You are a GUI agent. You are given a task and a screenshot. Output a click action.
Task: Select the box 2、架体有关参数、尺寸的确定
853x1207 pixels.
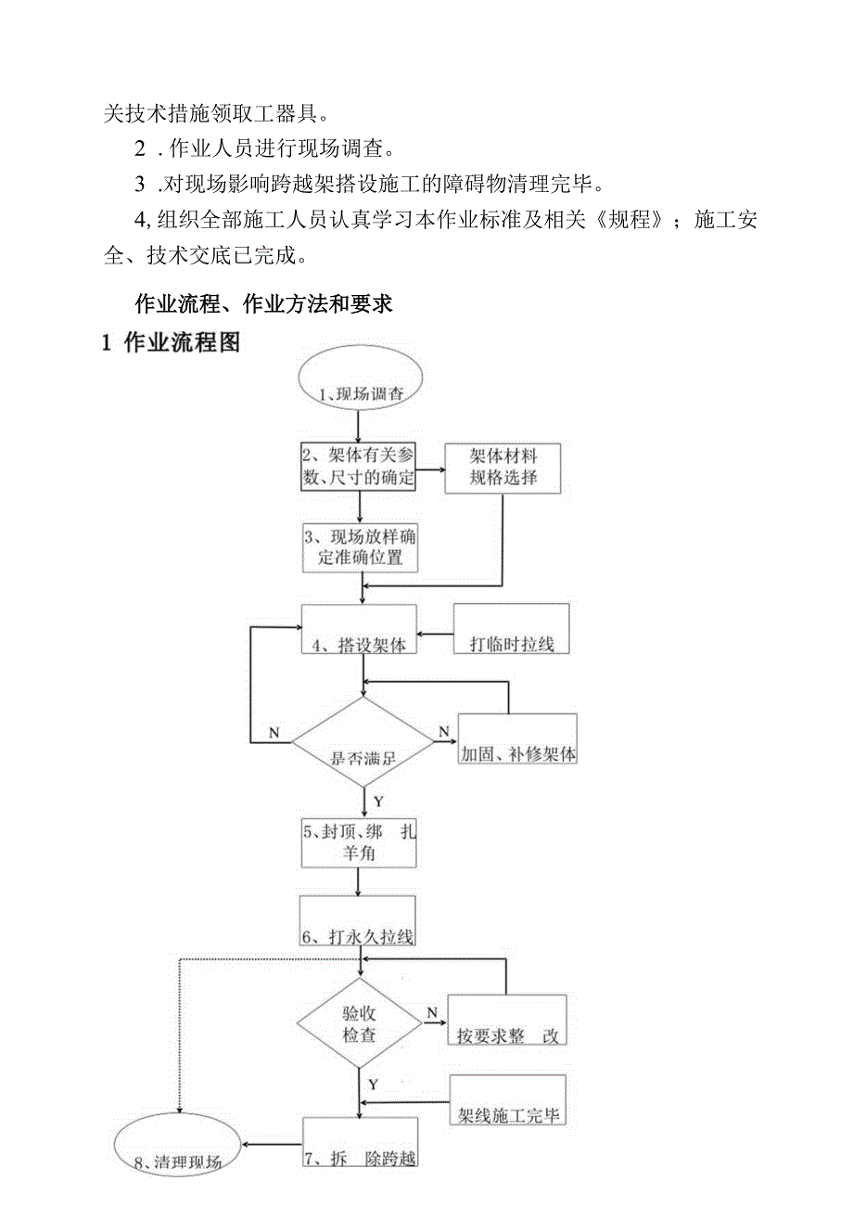tap(358, 467)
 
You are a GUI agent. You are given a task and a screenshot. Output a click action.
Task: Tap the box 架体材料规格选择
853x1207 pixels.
tap(503, 468)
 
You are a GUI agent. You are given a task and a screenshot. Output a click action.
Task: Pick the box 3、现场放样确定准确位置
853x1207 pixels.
tap(359, 547)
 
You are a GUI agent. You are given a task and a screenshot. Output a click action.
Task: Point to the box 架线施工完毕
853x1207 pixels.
tap(507, 1101)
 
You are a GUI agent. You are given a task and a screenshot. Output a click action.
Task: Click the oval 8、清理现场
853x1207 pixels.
tap(177, 1150)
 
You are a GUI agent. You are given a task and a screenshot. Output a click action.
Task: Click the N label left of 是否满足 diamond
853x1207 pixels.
tap(274, 732)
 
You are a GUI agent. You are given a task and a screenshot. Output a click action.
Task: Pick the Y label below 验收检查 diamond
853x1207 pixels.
tap(373, 1084)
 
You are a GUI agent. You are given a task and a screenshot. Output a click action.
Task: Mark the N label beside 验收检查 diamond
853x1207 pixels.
tap(431, 1011)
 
